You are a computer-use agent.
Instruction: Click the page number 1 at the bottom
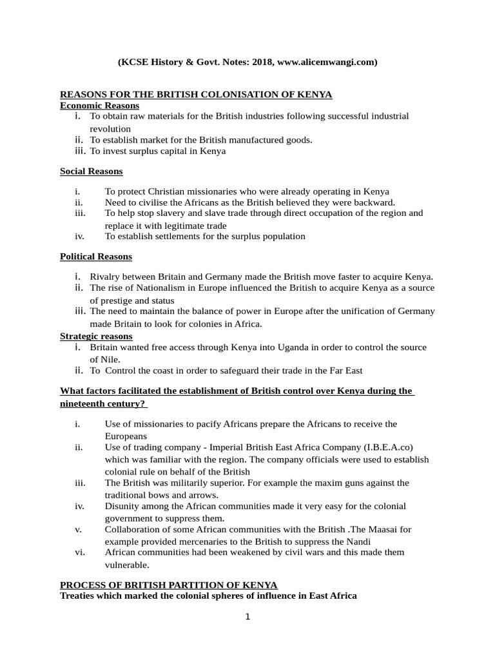tap(247, 616)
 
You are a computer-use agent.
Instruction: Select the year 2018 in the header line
tap(261, 63)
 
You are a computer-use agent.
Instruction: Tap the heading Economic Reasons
tap(99, 106)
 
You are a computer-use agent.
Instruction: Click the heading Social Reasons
tap(92, 171)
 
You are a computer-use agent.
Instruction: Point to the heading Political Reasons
tap(96, 257)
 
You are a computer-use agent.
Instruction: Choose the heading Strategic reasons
tap(96, 336)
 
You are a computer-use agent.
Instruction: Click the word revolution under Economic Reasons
tap(110, 128)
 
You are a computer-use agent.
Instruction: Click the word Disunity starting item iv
tap(123, 506)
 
